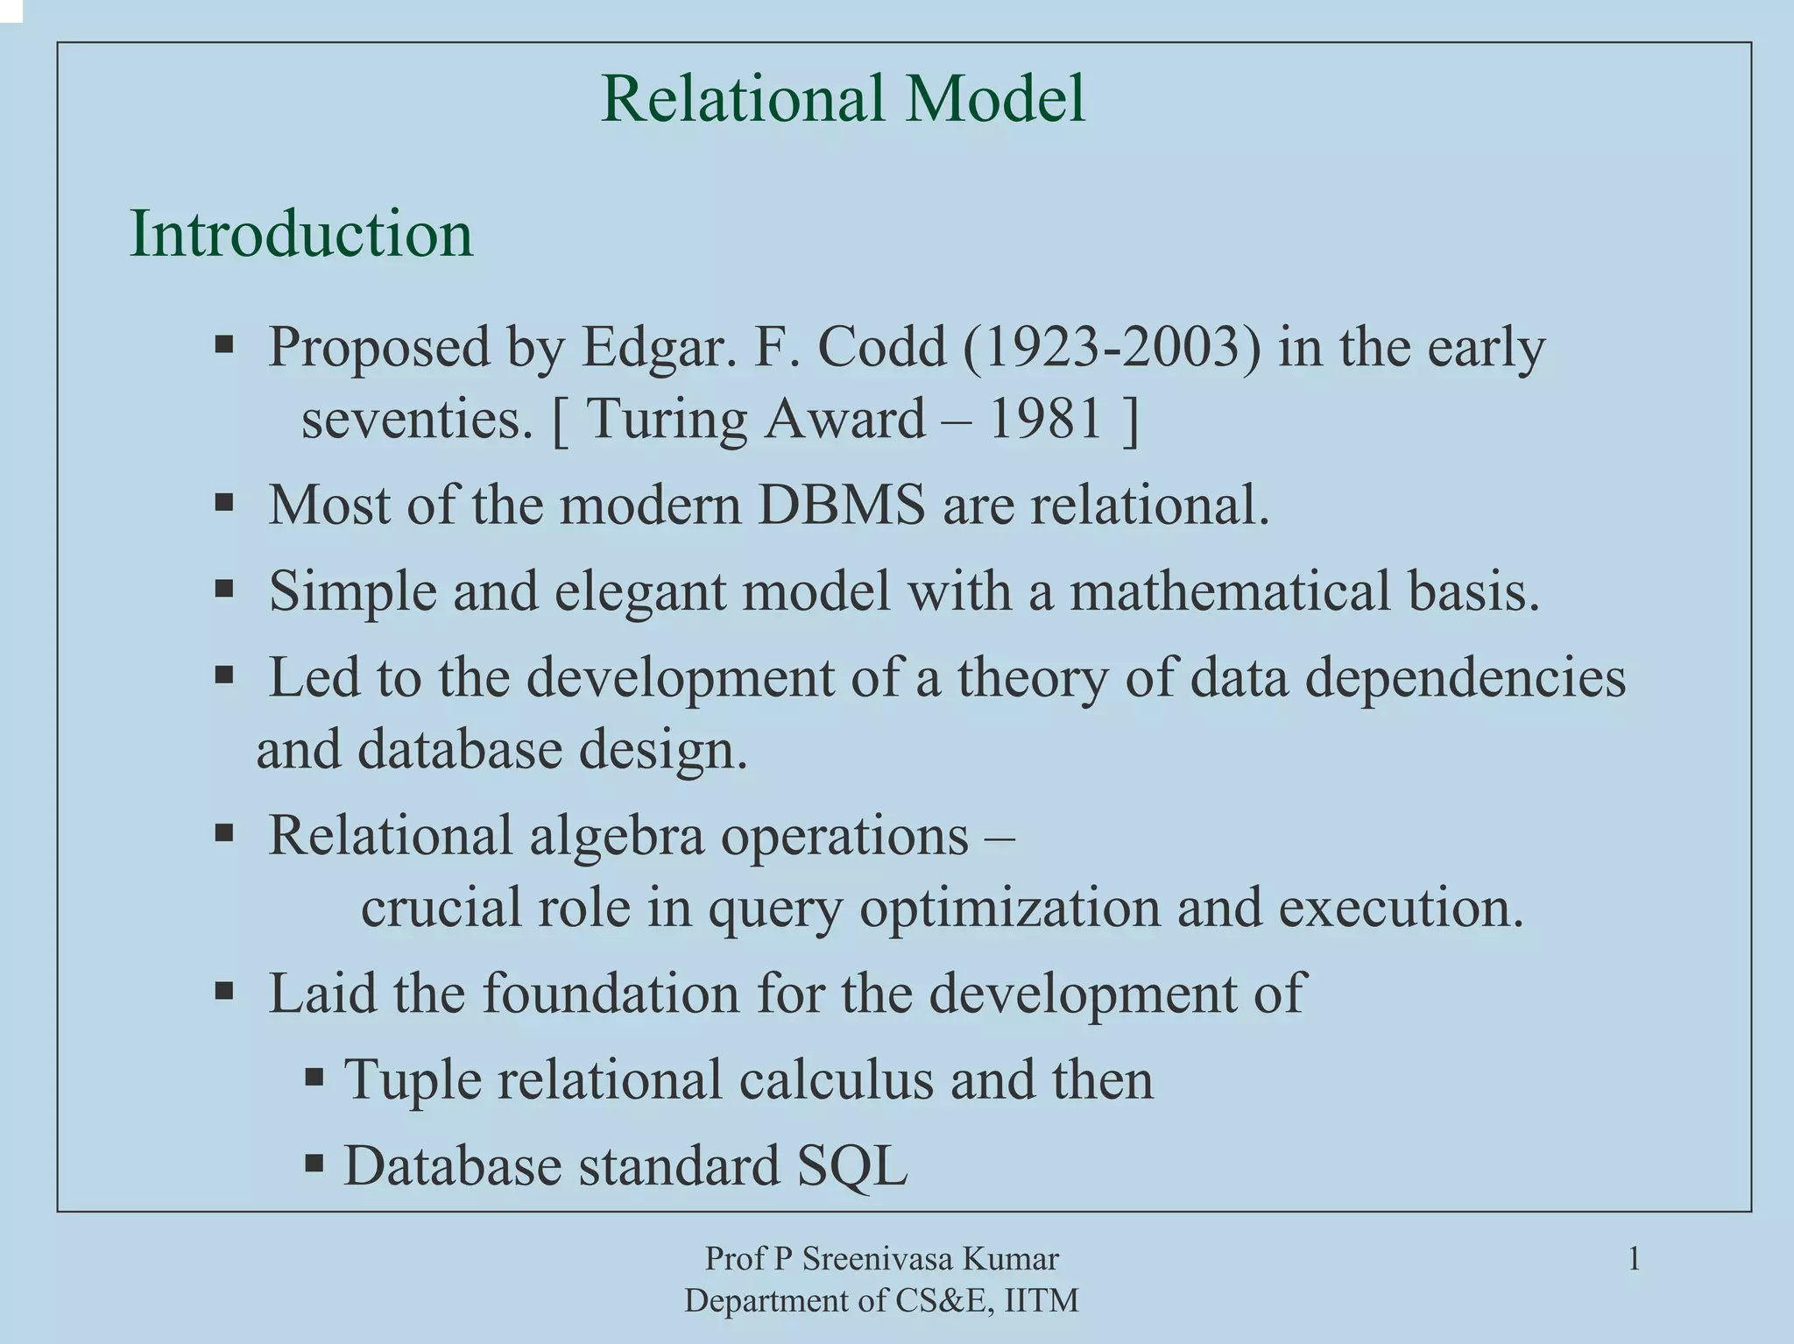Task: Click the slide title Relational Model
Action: (843, 98)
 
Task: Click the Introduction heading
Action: (301, 234)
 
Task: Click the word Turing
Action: (666, 419)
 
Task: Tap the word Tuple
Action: (412, 1079)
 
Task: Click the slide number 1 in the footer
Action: (1634, 1260)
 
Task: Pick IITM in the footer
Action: (1042, 1301)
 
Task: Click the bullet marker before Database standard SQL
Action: (314, 1164)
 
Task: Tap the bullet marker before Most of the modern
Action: (224, 503)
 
